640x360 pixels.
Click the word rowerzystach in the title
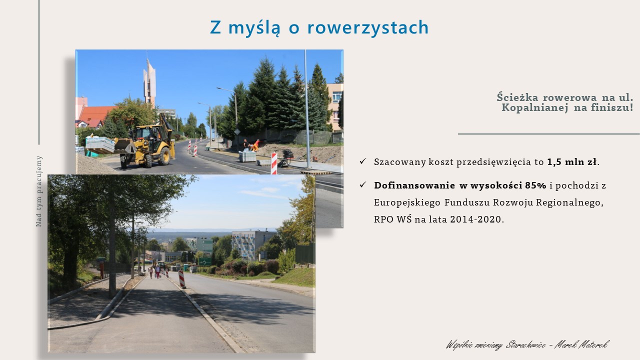pyautogui.click(x=368, y=27)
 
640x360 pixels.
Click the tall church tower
pyautogui.click(x=149, y=82)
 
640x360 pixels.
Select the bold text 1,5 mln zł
pyautogui.click(x=572, y=162)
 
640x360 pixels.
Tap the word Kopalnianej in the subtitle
pyautogui.click(x=534, y=108)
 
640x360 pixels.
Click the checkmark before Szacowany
pyautogui.click(x=363, y=161)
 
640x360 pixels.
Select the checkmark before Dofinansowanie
pyautogui.click(x=363, y=185)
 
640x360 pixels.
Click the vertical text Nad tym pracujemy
pyautogui.click(x=39, y=191)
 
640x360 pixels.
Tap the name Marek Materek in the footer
pyautogui.click(x=581, y=344)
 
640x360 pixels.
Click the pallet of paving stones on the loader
pyautogui.click(x=100, y=144)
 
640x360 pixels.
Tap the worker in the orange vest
pyautogui.click(x=256, y=145)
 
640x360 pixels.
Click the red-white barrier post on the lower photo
pyautogui.click(x=181, y=279)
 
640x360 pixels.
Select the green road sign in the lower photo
pyautogui.click(x=205, y=261)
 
